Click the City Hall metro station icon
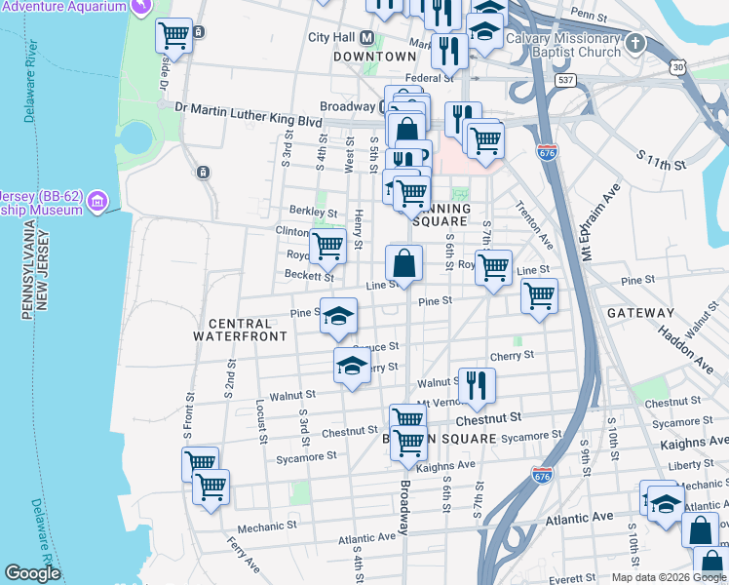(367, 38)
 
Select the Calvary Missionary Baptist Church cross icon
(635, 44)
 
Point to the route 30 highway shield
(677, 67)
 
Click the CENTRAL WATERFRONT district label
(240, 330)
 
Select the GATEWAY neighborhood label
(640, 313)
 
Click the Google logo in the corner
(32, 573)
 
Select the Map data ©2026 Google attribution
(667, 577)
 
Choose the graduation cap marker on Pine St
(338, 316)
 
